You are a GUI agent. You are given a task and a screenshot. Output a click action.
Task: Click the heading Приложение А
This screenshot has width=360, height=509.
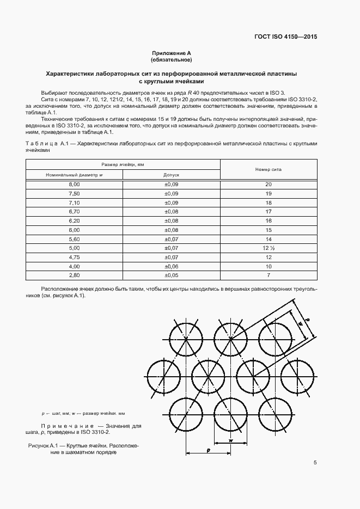point(172,53)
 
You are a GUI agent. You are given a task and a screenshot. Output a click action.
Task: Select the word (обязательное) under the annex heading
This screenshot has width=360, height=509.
point(172,59)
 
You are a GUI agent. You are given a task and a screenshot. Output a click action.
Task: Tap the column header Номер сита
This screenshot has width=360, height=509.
point(268,169)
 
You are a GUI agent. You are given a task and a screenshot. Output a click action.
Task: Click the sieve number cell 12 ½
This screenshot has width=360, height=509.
point(268,248)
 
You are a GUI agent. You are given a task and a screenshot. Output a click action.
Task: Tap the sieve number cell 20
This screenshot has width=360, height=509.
point(268,185)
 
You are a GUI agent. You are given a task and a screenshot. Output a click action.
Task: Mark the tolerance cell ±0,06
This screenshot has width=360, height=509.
point(171,266)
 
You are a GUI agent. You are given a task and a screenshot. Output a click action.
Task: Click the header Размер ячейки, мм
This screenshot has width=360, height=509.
point(123,164)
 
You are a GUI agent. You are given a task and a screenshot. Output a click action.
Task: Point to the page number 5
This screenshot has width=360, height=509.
point(315,463)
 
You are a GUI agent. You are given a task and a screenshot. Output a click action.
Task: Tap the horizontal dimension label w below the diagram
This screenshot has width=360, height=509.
point(231,440)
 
